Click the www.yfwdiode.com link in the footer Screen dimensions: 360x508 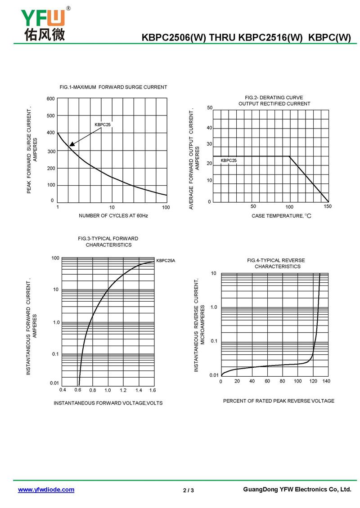(46, 490)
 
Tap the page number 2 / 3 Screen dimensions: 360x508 (189, 490)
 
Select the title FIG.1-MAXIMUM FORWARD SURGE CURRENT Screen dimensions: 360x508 (113, 87)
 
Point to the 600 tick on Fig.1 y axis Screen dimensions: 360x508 (50, 99)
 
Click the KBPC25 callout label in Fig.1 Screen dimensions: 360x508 (103, 125)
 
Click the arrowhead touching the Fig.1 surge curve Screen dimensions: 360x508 (72, 143)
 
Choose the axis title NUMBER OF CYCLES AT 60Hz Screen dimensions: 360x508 (113, 215)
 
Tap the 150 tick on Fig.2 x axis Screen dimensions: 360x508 (328, 206)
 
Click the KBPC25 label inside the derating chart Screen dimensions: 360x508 (229, 160)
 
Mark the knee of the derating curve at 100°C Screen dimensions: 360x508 (290, 156)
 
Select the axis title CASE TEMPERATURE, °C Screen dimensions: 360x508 (281, 216)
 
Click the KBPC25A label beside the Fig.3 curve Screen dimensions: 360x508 (166, 260)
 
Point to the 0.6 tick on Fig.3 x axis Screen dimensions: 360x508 (78, 390)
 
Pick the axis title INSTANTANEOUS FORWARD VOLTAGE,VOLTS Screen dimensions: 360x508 (108, 403)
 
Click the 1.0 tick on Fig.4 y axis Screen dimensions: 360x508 (214, 307)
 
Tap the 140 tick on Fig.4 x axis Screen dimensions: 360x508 (326, 381)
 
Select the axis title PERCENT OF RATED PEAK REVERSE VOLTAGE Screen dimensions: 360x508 (279, 401)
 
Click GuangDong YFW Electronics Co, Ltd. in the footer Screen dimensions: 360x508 (297, 489)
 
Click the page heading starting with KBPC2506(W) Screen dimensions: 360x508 (246, 37)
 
